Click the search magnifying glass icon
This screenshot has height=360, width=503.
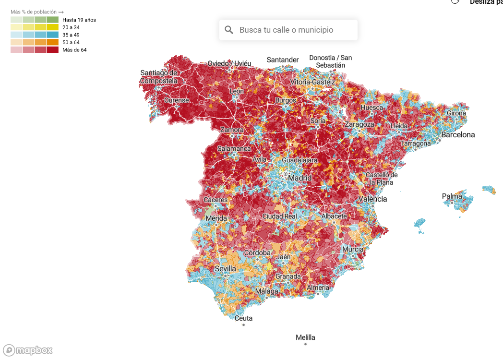point(229,30)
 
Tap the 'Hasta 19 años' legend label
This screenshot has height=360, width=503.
point(79,20)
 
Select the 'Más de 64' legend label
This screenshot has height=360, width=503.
point(74,50)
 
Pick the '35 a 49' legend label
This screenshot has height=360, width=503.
point(71,35)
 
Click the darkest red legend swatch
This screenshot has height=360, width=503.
point(53,50)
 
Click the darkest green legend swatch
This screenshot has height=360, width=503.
point(53,20)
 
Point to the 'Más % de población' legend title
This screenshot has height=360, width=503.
point(37,12)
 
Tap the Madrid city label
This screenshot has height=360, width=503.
point(299,178)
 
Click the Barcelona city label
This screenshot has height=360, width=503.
point(458,135)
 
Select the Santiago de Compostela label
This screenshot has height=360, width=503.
point(159,77)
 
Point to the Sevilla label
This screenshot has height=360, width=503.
point(225,268)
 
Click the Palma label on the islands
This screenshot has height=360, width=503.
point(452,196)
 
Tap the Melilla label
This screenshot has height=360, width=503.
point(305,337)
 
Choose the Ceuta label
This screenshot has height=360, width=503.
point(243,318)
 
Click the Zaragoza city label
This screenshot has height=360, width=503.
point(359,124)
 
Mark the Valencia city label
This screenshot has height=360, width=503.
point(372,199)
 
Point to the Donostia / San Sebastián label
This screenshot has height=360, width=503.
point(330,61)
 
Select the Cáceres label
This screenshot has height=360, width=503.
point(216,200)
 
